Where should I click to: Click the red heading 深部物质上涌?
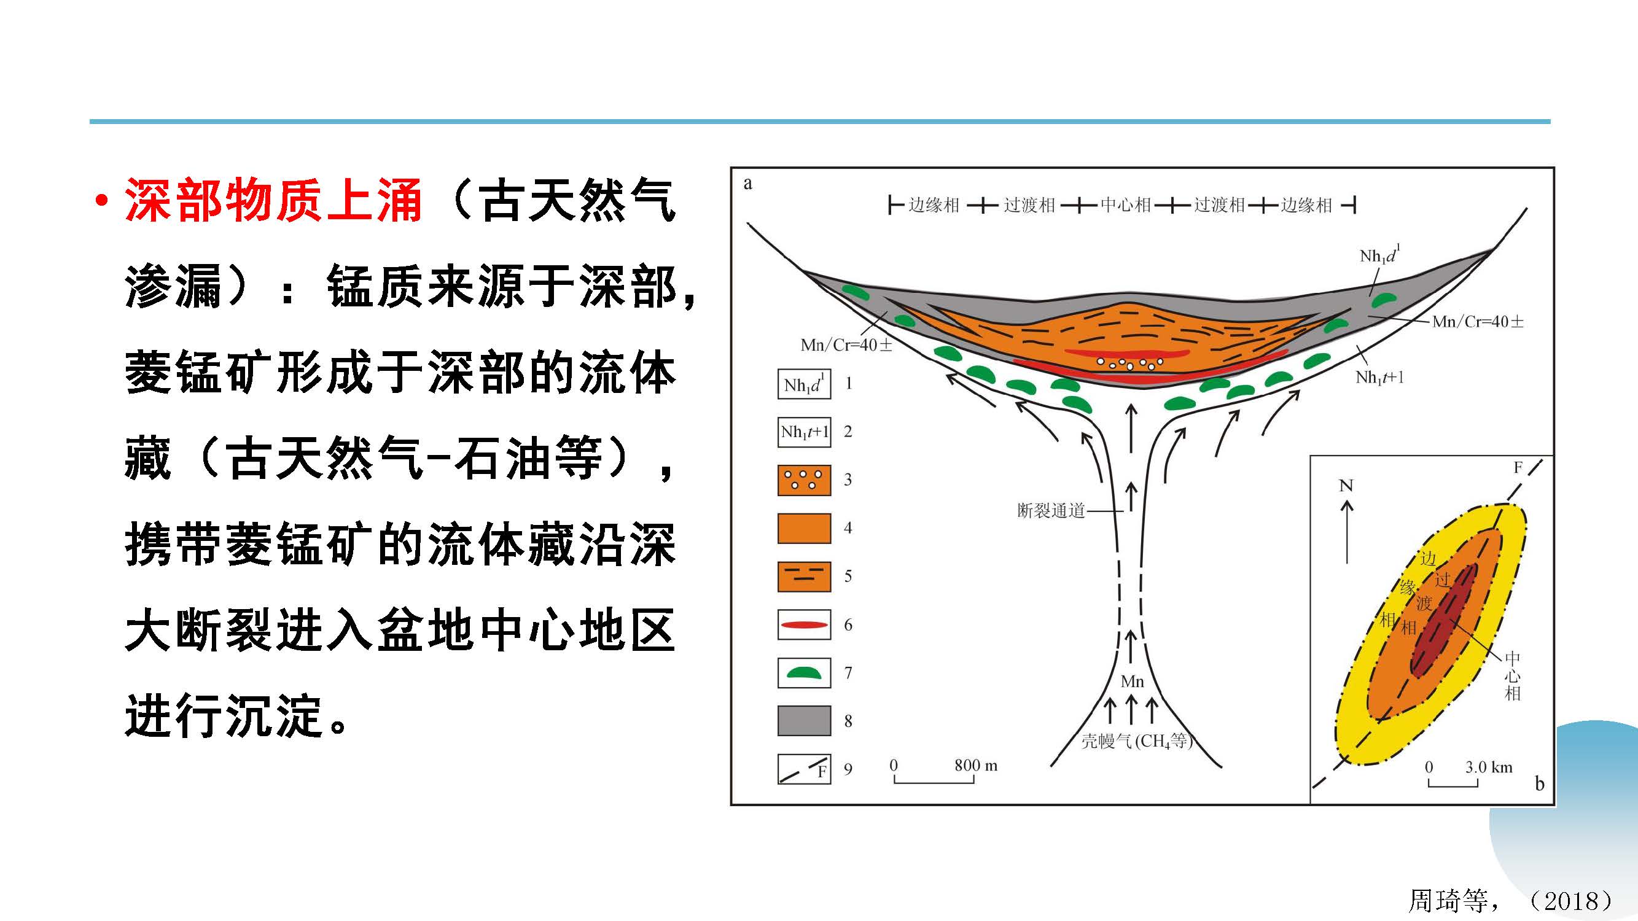click(x=273, y=200)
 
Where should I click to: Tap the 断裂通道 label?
click(x=1051, y=510)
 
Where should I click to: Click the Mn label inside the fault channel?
click(x=1132, y=682)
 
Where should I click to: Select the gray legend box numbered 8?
click(x=804, y=721)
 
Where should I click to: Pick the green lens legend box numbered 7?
click(x=804, y=672)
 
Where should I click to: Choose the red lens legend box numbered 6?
click(x=804, y=624)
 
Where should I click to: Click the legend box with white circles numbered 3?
click(x=804, y=480)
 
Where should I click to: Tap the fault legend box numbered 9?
click(x=804, y=769)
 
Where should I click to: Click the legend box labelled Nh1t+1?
click(x=804, y=432)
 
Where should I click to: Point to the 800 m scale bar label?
click(x=975, y=765)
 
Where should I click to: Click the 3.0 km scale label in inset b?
click(x=1489, y=766)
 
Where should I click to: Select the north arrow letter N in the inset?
click(x=1346, y=486)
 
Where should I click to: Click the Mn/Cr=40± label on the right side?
click(x=1478, y=322)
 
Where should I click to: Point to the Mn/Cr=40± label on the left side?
click(x=846, y=345)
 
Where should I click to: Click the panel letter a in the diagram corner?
click(x=748, y=184)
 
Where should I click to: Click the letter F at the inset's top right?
click(x=1518, y=468)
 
